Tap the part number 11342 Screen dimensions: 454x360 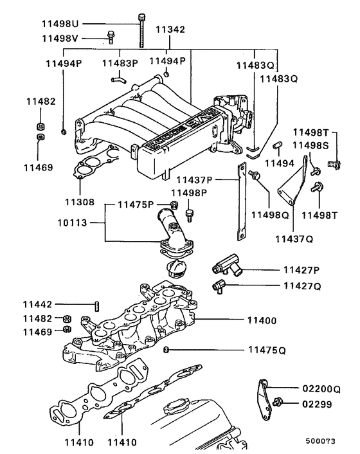(170, 29)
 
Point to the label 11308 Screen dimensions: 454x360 (80, 201)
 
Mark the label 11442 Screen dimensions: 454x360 (39, 304)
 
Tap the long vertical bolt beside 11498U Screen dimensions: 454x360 (140, 32)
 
